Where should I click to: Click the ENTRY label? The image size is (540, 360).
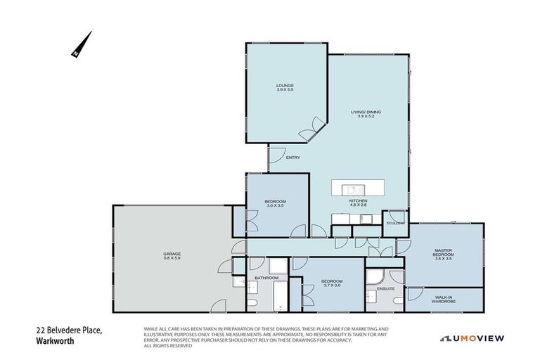[x=293, y=157]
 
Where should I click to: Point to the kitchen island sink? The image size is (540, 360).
[x=350, y=188]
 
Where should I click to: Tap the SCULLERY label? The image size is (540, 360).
[x=394, y=223]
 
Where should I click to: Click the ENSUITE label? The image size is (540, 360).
[x=385, y=288]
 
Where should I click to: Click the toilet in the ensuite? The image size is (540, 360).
[x=399, y=301]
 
